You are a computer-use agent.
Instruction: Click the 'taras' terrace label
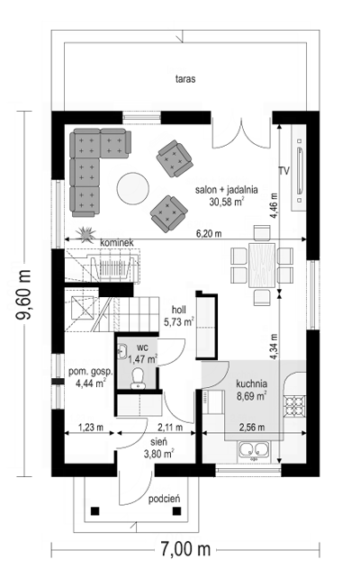coord(185,79)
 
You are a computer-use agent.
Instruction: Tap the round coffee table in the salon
coord(133,188)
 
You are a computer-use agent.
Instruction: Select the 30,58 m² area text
coord(227,203)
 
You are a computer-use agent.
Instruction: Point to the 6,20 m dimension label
coord(209,233)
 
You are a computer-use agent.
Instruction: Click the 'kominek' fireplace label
coord(117,243)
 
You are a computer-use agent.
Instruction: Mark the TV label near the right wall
coord(284,171)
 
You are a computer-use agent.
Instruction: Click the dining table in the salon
coord(262,265)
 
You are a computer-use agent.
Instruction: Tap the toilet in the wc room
coord(138,377)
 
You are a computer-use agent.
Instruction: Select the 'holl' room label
coord(179,310)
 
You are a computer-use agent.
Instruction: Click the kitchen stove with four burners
coord(295,406)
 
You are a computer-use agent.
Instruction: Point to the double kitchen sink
coord(254,450)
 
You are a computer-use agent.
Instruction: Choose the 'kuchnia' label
coord(251,383)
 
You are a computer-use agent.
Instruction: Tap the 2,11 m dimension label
coord(170,428)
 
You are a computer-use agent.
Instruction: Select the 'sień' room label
coord(159,442)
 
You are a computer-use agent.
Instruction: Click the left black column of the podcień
coord(95,510)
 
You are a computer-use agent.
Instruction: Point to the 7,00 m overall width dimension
coord(185,549)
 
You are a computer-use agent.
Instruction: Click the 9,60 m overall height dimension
coord(23,294)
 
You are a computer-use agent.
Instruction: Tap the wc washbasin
coord(121,351)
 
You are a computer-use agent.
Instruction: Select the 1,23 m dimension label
coord(91,428)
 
